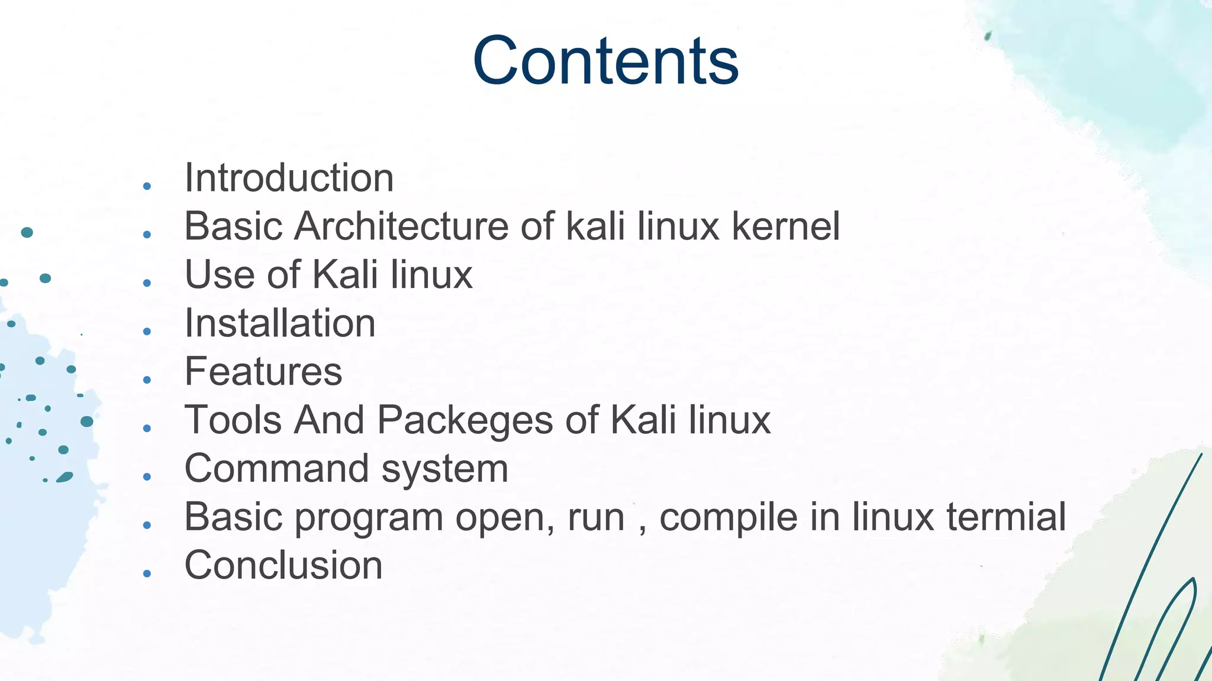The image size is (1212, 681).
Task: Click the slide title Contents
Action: click(605, 61)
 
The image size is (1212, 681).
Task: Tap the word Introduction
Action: click(289, 178)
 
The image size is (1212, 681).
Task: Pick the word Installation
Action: click(280, 323)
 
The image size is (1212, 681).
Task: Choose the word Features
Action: click(263, 372)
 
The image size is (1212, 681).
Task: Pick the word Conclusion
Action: click(283, 566)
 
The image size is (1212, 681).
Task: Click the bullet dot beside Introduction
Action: click(147, 187)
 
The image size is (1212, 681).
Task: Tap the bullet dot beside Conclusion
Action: click(147, 573)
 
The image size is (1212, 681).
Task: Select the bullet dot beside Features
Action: click(147, 380)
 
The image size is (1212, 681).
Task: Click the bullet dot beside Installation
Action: click(147, 332)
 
